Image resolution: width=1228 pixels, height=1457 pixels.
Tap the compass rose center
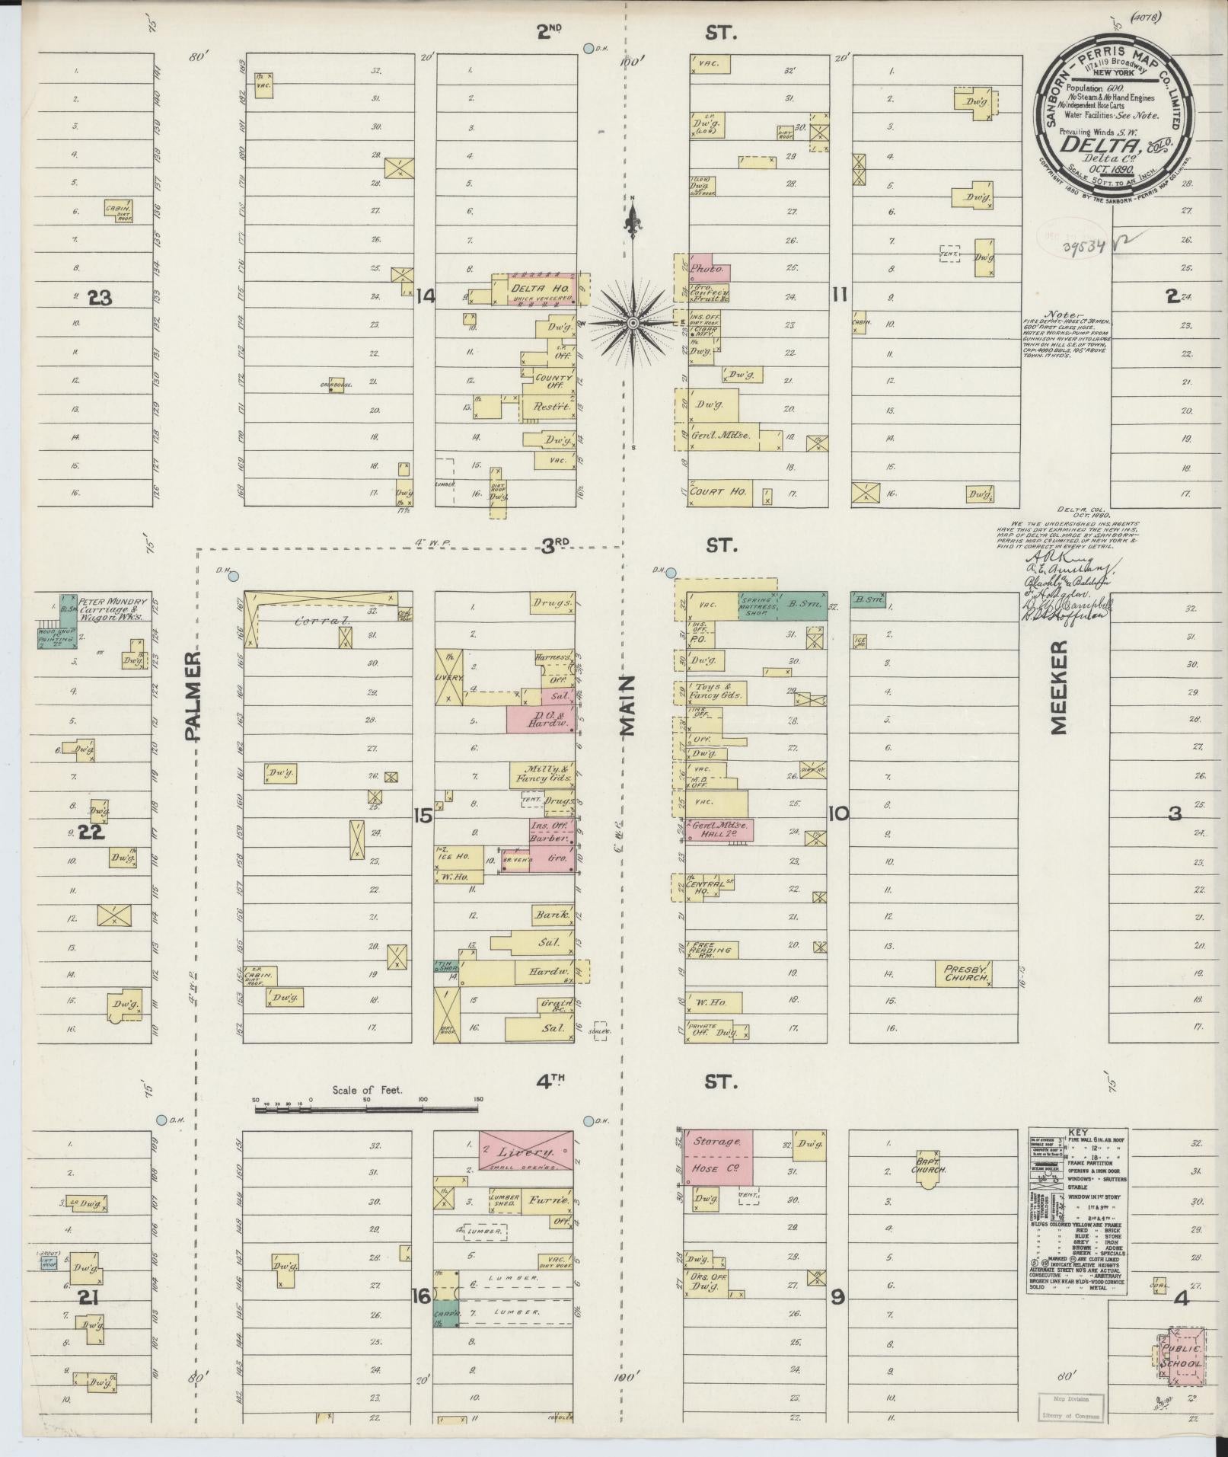pyautogui.click(x=633, y=324)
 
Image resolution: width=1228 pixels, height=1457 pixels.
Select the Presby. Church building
pyautogui.click(x=965, y=973)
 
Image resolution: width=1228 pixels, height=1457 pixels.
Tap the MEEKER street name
pyautogui.click(x=1060, y=687)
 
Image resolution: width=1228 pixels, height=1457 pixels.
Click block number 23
pyautogui.click(x=99, y=298)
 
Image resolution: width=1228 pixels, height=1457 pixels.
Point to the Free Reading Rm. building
pyautogui.click(x=709, y=950)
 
